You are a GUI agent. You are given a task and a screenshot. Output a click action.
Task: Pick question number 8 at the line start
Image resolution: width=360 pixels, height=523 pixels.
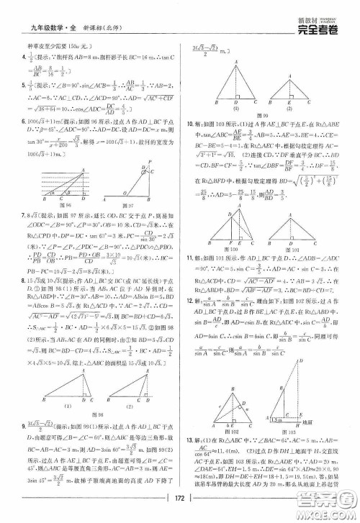22,286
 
